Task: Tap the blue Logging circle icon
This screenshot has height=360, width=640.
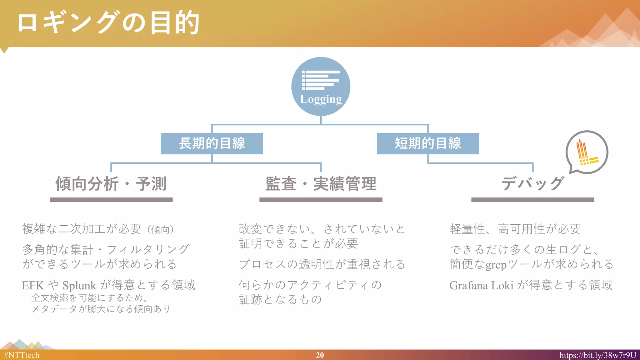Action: pos(321,86)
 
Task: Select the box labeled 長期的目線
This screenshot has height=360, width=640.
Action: pos(212,143)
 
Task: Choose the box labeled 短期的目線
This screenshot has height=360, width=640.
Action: pos(428,143)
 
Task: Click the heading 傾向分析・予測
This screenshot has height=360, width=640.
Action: pos(111,184)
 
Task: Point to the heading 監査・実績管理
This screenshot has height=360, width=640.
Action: pos(321,184)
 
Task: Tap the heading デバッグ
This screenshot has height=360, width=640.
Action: pos(533,184)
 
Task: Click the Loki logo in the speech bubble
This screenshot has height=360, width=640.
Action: pos(587,152)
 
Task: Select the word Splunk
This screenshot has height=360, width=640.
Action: pos(79,286)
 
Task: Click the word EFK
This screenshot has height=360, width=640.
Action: pos(33,286)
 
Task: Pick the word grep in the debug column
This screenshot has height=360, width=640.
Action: pos(496,265)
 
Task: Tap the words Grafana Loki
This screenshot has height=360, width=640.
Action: pos(481,286)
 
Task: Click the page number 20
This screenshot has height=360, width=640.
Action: pos(320,355)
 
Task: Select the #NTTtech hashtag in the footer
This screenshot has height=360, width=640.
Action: pos(22,355)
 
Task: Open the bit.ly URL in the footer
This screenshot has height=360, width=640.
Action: pos(597,355)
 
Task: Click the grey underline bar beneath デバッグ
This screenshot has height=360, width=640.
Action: pos(532,200)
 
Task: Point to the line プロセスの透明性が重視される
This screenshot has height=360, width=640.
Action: pos(322,264)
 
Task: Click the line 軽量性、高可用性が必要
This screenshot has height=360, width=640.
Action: pos(515,229)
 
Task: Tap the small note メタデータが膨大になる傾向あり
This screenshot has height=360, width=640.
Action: pos(101,309)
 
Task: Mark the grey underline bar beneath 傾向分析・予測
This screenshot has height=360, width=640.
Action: pos(111,200)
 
